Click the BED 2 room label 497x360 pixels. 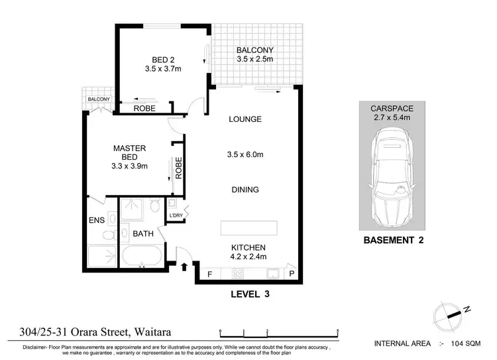pos(158,58)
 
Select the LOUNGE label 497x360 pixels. pos(245,120)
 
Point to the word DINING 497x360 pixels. pos(245,190)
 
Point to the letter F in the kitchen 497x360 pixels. pos(210,274)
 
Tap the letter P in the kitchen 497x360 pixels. pos(290,274)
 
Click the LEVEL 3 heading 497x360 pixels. pos(252,292)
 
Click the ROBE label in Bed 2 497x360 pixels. pos(144,108)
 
